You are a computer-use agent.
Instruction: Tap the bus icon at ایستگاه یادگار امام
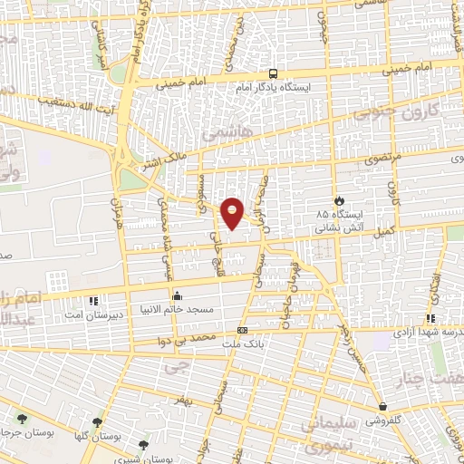coord(271,74)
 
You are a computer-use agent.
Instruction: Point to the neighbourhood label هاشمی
coord(222,133)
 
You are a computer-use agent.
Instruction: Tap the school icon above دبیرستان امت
coord(92,301)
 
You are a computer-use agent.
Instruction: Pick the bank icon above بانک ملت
coord(242,331)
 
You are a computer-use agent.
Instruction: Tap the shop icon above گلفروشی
coord(383,407)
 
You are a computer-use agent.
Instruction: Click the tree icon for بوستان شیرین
coord(143,444)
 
